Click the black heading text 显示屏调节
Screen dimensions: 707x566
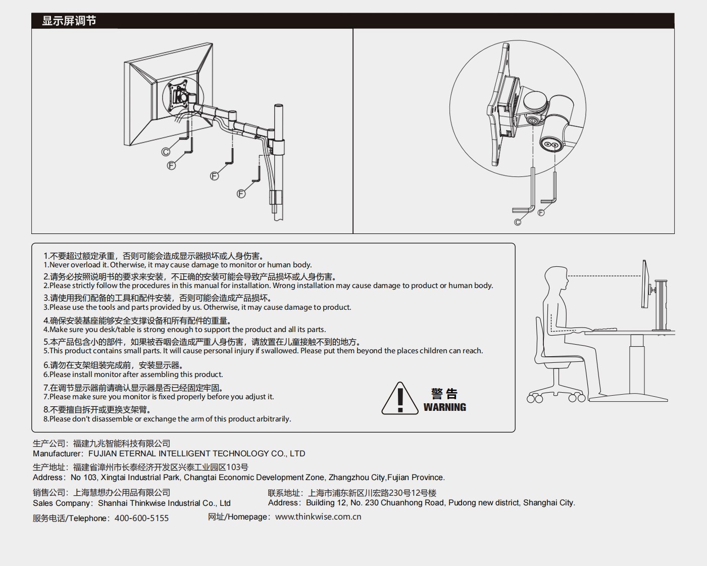click(69, 21)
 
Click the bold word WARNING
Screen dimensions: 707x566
click(445, 407)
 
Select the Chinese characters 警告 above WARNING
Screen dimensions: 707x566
click(444, 393)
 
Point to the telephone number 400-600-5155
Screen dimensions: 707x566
click(141, 518)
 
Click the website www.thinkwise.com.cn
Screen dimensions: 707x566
click(318, 516)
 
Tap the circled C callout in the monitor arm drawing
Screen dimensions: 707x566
click(166, 152)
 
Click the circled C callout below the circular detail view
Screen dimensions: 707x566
click(518, 222)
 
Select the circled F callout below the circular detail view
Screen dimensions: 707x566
click(541, 213)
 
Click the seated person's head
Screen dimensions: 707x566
click(557, 278)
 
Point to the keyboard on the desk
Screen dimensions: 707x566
click(605, 329)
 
